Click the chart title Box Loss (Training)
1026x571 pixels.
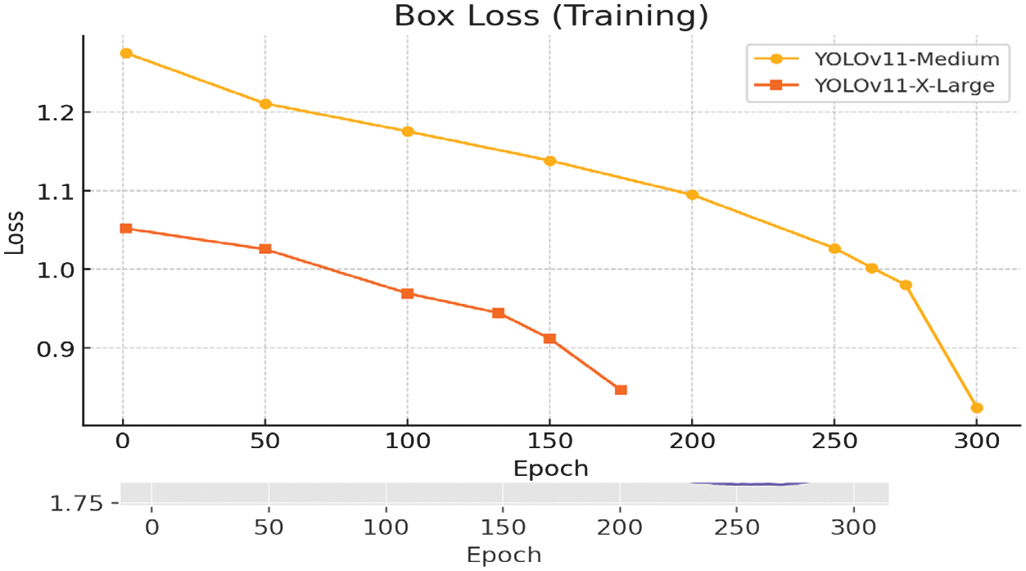(x=550, y=16)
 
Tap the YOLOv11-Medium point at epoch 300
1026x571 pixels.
(x=977, y=408)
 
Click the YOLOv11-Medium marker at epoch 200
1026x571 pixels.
(x=692, y=195)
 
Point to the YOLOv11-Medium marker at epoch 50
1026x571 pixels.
(x=265, y=104)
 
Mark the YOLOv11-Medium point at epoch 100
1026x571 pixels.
(x=408, y=131)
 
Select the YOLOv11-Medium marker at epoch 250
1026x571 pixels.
(x=834, y=248)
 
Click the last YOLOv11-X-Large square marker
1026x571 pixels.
(x=621, y=390)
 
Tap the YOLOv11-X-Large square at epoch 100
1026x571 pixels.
(x=408, y=293)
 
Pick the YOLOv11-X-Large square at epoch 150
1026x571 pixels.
(x=549, y=338)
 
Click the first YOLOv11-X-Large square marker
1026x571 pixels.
(x=126, y=229)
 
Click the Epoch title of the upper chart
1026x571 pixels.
(x=550, y=469)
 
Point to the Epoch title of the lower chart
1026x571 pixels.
(x=504, y=555)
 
